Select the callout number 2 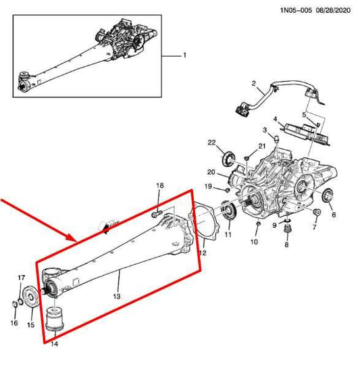click(254, 84)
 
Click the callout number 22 click(211, 143)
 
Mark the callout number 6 click(333, 215)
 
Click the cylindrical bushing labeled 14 click(53, 317)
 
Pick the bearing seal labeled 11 click(228, 210)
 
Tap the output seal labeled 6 click(328, 197)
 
